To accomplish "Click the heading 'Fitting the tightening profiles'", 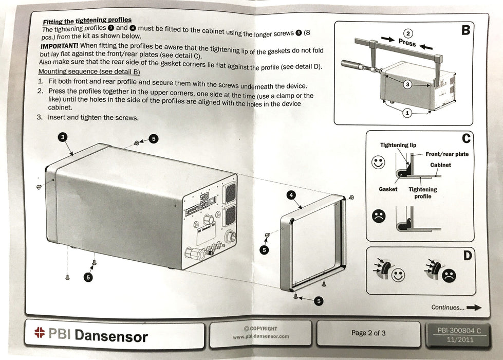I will (x=87, y=21).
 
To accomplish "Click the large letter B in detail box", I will (x=465, y=30).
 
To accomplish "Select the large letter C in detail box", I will (x=466, y=139).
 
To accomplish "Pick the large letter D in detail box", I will (x=468, y=255).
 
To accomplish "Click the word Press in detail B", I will (x=407, y=43).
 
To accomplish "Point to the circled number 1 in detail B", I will (x=407, y=113).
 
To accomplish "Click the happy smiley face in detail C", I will (x=378, y=163).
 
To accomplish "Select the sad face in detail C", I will (x=379, y=216).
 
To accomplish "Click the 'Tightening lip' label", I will (x=398, y=145).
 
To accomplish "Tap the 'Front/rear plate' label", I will (x=447, y=154).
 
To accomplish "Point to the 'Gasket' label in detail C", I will (x=388, y=189).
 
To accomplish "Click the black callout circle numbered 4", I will (x=291, y=195).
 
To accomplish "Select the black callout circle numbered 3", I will (x=62, y=137).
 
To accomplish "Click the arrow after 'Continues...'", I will (x=474, y=308).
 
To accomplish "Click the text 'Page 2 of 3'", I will (x=368, y=333).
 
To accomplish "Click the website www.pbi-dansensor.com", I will (x=260, y=337).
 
